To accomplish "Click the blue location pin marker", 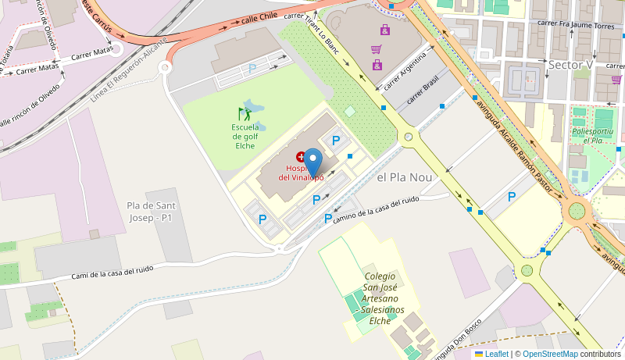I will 312,162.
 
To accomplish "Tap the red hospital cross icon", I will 301,157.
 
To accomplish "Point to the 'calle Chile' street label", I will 259,16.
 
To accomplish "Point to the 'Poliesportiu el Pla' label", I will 593,135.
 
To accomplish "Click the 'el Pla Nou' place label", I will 404,177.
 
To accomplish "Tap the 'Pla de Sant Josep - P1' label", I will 150,211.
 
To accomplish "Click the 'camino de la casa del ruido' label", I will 377,209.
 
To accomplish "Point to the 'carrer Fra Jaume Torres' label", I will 577,23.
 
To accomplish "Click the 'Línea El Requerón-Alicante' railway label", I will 129,70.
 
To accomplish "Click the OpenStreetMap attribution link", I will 550,354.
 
